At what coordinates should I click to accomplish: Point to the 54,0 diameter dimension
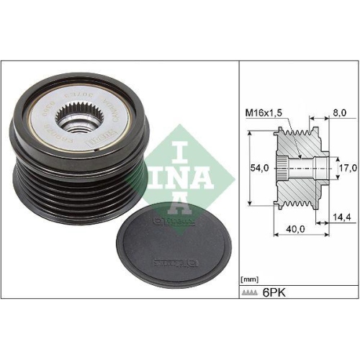[x=259, y=167]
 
